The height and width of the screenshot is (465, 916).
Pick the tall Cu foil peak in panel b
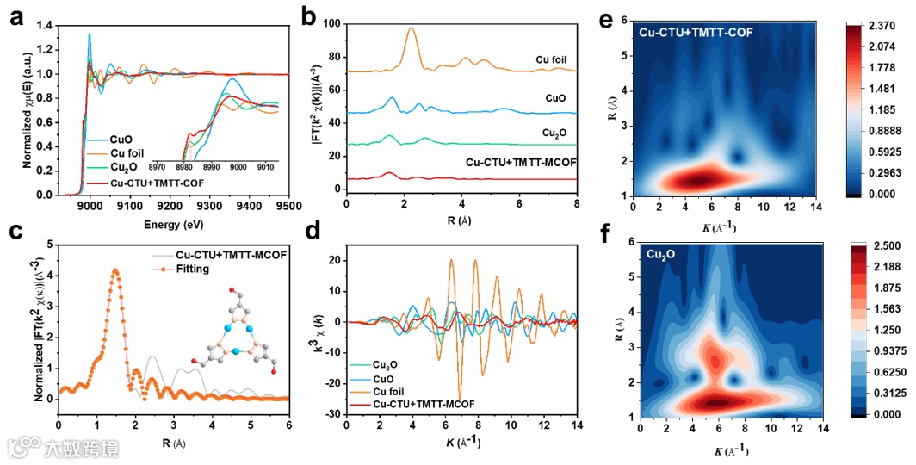tap(412, 29)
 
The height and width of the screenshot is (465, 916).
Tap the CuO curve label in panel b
tap(555, 98)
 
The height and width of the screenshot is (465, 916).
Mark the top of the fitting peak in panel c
tap(115, 270)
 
